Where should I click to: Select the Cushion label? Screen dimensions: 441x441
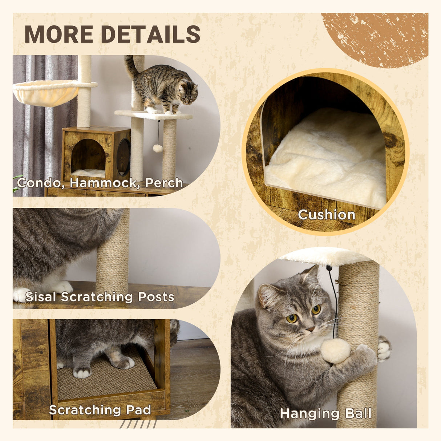click(326, 214)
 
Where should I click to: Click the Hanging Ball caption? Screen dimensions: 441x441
click(325, 414)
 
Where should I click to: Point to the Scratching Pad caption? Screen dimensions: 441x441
click(100, 410)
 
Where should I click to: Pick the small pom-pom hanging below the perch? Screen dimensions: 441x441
click(157, 148)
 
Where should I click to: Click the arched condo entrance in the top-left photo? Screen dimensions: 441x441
click(88, 157)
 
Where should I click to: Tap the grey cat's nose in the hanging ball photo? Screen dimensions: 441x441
click(310, 329)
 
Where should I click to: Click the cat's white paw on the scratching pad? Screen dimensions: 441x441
click(81, 372)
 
